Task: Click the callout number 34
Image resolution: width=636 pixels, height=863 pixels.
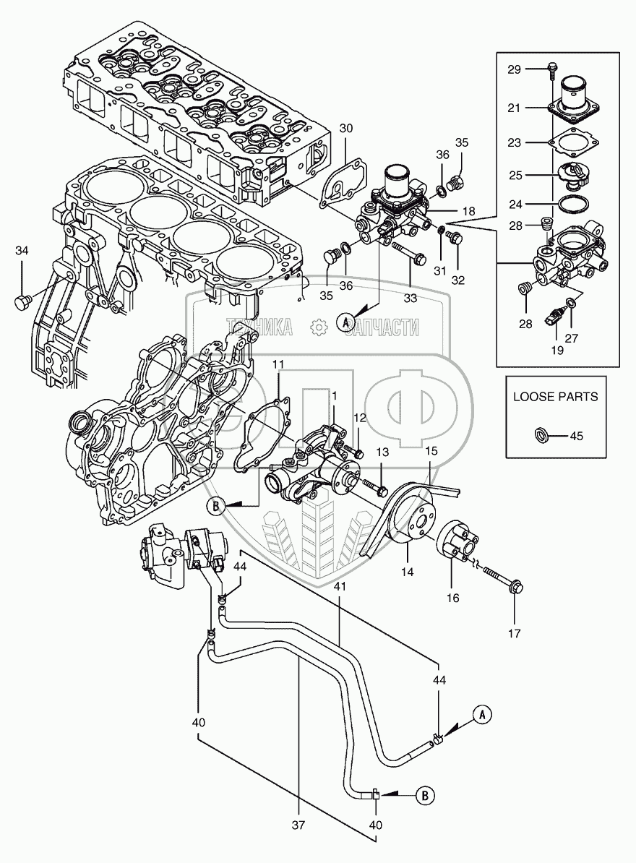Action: pos(22,251)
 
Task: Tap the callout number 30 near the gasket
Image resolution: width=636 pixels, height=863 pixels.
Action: pos(347,128)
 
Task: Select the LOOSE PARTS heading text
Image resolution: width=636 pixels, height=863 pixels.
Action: pos(555,397)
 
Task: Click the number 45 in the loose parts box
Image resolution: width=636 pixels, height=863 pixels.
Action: pos(576,436)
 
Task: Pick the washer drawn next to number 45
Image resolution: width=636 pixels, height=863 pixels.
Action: pos(538,435)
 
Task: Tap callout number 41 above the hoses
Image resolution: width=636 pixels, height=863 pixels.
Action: pos(340,587)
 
